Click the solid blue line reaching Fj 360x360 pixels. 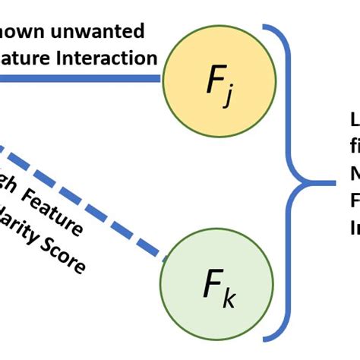76,77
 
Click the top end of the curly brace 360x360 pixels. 266,28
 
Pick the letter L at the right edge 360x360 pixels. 354,122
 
